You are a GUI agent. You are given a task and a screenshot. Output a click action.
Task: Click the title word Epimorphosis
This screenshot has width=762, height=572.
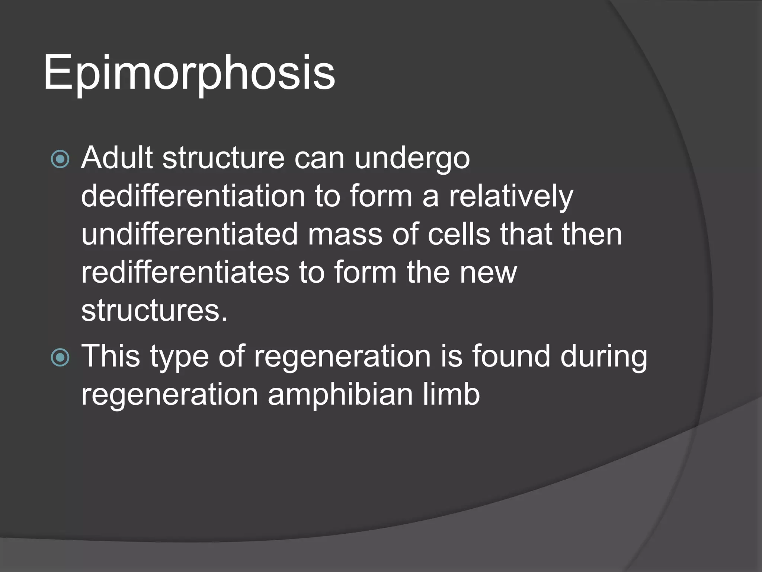pos(189,73)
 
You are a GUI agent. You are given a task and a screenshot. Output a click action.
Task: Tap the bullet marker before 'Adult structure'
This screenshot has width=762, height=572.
pos(60,159)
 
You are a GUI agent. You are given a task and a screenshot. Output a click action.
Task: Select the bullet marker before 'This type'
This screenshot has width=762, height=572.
pos(60,357)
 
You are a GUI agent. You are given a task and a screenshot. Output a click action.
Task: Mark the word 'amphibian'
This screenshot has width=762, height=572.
pos(340,394)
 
